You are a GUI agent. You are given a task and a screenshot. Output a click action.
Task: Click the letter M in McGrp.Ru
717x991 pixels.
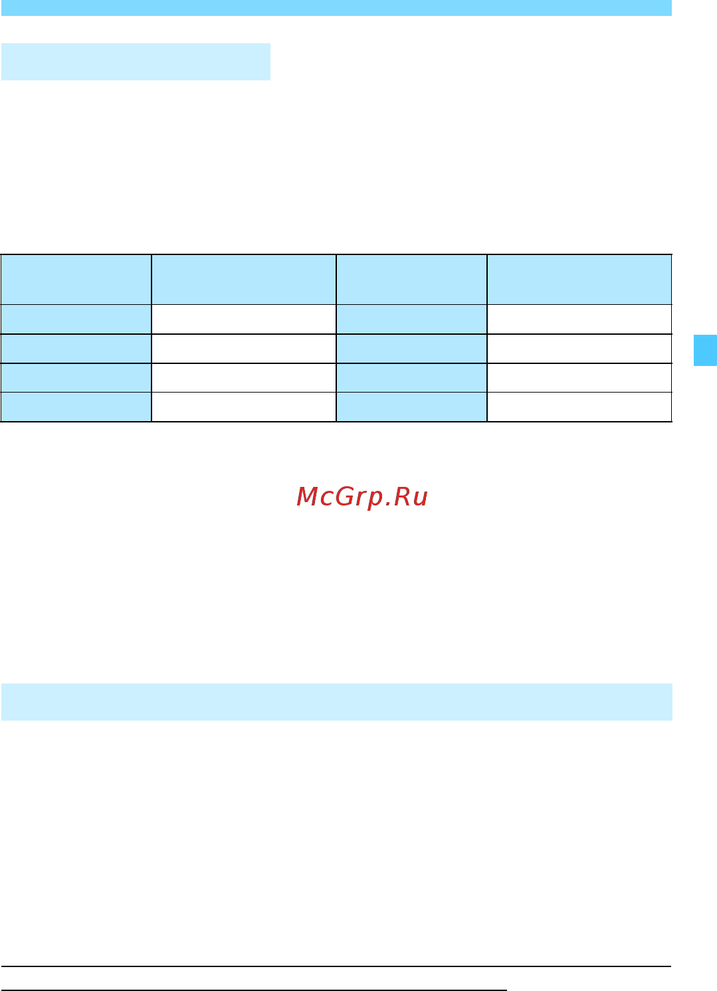(307, 496)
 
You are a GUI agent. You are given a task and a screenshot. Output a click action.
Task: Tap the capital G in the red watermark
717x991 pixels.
(344, 496)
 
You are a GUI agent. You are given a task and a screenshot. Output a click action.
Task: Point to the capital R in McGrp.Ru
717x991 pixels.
(402, 496)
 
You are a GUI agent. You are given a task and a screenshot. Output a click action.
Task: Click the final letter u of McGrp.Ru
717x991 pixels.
(421, 499)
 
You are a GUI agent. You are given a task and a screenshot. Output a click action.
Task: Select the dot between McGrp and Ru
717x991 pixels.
(388, 504)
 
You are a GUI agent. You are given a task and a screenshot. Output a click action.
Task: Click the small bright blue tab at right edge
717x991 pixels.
(705, 351)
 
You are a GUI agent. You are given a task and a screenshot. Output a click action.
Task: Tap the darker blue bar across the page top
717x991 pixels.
(336, 8)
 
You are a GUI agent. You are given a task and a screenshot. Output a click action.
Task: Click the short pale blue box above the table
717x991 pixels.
(136, 62)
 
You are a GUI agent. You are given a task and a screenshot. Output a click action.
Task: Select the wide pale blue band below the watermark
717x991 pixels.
(337, 702)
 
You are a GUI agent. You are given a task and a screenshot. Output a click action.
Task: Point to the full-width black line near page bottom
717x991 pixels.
(336, 966)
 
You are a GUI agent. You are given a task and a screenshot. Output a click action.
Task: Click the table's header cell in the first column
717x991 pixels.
(76, 280)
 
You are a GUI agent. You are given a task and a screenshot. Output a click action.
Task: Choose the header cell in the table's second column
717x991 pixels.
(244, 280)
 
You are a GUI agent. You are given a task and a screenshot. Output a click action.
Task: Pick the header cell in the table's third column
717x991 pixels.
(411, 280)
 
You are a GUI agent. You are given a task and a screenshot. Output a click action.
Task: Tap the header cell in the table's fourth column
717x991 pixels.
(579, 280)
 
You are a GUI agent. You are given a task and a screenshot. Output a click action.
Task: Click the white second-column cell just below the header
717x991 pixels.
(244, 319)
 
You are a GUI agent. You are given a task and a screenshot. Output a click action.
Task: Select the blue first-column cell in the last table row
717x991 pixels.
(76, 406)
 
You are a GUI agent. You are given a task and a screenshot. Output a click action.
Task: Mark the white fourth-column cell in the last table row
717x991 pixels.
(579, 406)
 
